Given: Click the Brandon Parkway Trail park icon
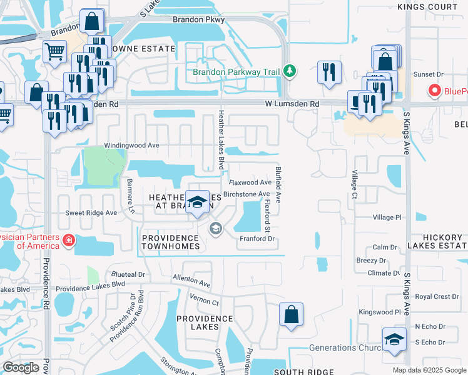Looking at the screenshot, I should [289, 71].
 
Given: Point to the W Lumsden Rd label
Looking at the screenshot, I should [292, 104].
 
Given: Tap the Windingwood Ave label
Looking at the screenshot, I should [132, 145].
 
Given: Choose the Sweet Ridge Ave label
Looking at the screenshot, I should [91, 212].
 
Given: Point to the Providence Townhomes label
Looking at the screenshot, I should [170, 242].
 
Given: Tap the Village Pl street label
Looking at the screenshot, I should [387, 217].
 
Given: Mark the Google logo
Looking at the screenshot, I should [21, 367].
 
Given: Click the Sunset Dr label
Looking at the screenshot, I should [428, 74].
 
